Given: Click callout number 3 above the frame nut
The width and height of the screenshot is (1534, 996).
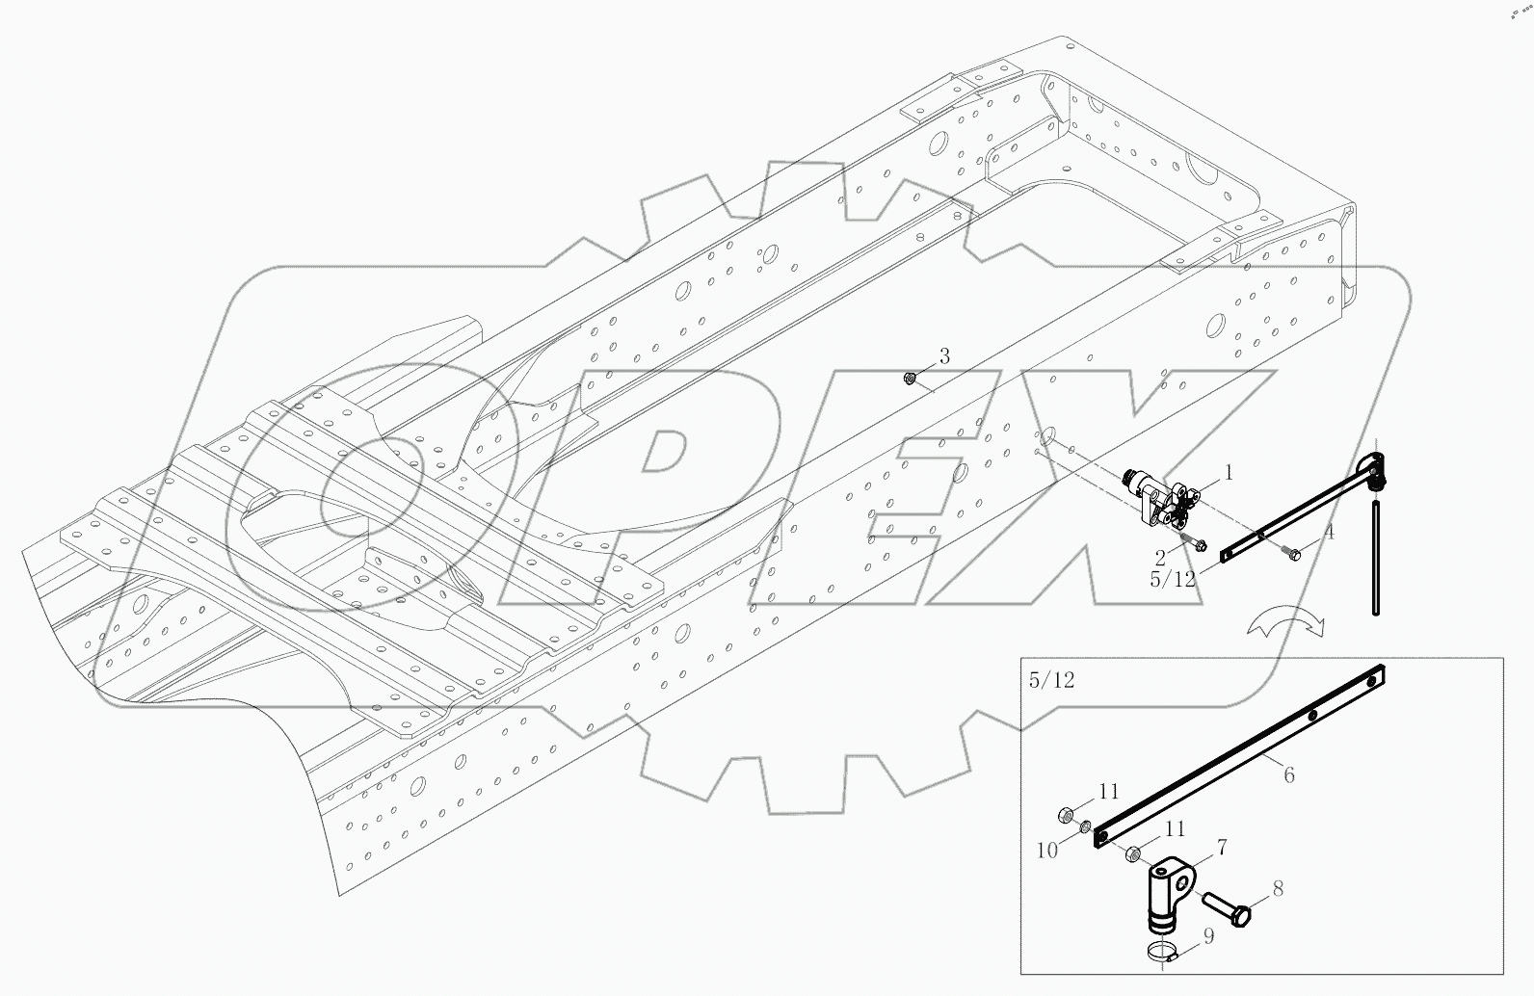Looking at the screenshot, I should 944,357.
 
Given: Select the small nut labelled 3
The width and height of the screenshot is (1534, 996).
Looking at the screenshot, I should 909,379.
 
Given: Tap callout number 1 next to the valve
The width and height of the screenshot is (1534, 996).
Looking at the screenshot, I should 1229,473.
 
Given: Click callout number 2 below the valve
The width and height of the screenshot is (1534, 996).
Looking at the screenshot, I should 1161,557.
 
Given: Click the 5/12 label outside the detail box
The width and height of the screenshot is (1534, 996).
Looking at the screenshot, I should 1172,579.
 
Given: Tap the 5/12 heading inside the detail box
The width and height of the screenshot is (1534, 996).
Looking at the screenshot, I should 1050,680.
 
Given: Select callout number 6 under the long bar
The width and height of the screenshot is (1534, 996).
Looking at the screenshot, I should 1288,774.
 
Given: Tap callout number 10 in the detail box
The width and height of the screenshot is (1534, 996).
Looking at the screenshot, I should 1047,850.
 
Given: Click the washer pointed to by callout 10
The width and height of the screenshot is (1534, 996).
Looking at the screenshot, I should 1085,826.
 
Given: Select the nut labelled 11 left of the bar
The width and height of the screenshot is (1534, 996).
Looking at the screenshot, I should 1067,816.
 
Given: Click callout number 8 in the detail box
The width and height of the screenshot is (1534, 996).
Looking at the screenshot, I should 1277,888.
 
